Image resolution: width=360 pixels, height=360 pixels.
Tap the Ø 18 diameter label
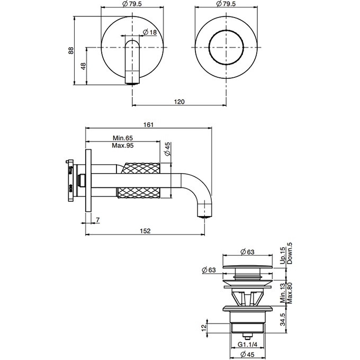(151, 33)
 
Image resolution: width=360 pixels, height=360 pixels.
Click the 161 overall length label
(149, 125)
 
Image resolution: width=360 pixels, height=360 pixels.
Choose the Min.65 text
(123, 138)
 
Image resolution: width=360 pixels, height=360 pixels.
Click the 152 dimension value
(146, 231)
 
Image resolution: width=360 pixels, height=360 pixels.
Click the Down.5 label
(289, 253)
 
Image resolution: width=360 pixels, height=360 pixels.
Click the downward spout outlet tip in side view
(204, 214)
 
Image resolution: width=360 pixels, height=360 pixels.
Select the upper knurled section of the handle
(140, 168)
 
